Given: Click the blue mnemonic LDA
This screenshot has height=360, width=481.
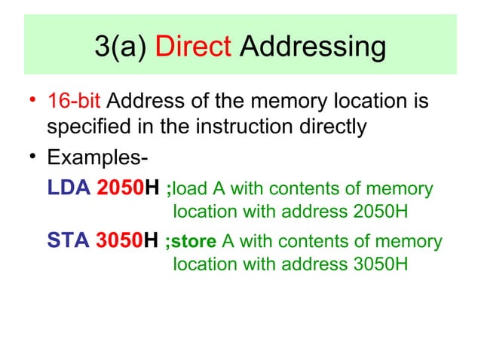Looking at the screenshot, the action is [x=68, y=188].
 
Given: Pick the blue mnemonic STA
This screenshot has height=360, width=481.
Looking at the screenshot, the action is [x=68, y=242].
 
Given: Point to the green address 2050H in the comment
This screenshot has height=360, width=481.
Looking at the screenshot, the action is [x=380, y=210].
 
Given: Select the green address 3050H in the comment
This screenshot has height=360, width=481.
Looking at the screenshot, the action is [x=380, y=264].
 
